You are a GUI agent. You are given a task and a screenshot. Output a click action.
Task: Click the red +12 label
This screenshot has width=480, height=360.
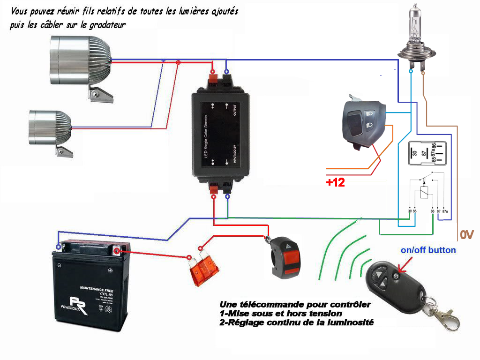pos(336,183)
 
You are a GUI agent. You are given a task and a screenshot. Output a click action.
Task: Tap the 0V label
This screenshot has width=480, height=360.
pos(467,235)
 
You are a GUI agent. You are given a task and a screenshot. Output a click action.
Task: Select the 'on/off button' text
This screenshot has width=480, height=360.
pos(428,250)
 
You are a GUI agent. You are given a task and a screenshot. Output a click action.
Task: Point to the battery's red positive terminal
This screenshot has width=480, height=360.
pos(117,250)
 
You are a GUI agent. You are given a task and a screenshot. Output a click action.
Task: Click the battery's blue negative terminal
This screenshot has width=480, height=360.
pos(58,247)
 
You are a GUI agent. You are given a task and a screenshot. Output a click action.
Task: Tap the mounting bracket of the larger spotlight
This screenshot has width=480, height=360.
pos(101,95)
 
